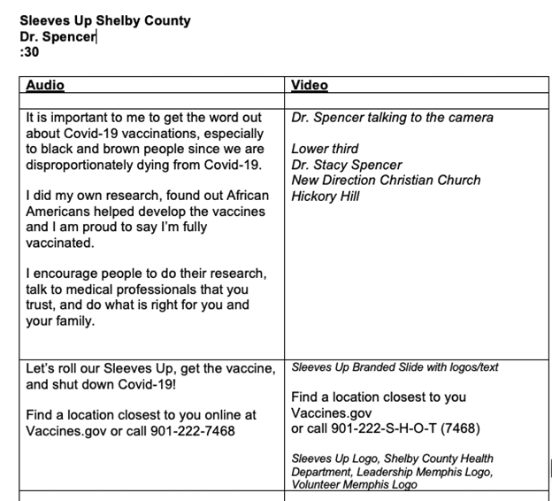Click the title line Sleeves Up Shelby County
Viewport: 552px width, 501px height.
104,20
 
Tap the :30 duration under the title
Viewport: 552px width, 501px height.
29,52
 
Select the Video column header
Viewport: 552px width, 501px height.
310,86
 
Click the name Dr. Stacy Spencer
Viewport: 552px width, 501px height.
346,165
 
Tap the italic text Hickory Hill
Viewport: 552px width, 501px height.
326,196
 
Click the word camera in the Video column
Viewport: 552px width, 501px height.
467,118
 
